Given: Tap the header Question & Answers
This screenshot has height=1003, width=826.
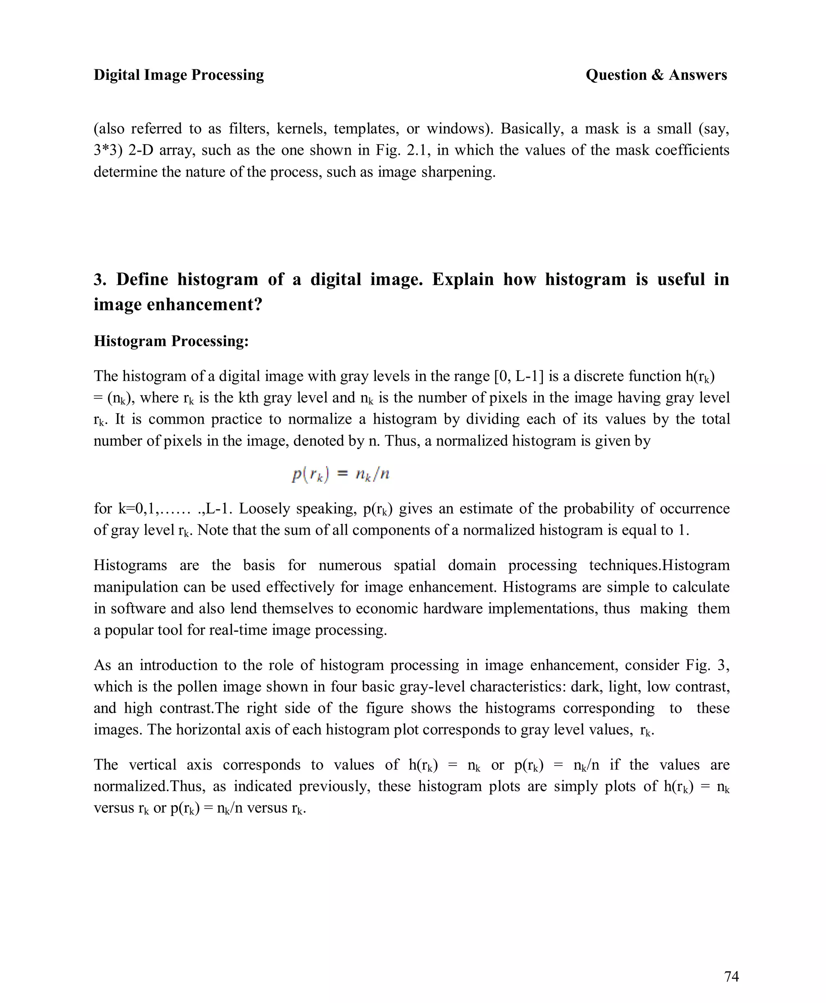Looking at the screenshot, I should click(x=656, y=75).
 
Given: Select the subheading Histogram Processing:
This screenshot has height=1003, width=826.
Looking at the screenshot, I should click(x=171, y=341).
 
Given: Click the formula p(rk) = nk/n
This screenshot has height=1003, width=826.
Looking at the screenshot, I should click(x=341, y=474).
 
